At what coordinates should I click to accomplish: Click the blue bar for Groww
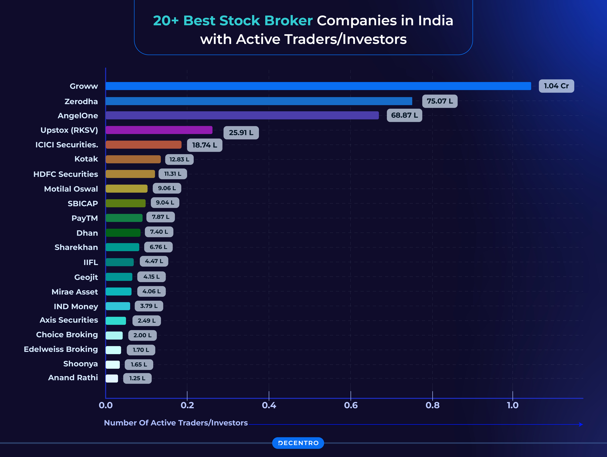coord(318,86)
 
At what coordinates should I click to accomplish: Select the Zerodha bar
coord(259,101)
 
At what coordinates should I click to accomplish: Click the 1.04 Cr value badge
coord(556,86)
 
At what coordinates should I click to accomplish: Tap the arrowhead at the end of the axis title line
coord(581,424)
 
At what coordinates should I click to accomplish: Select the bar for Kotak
coord(133,159)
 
